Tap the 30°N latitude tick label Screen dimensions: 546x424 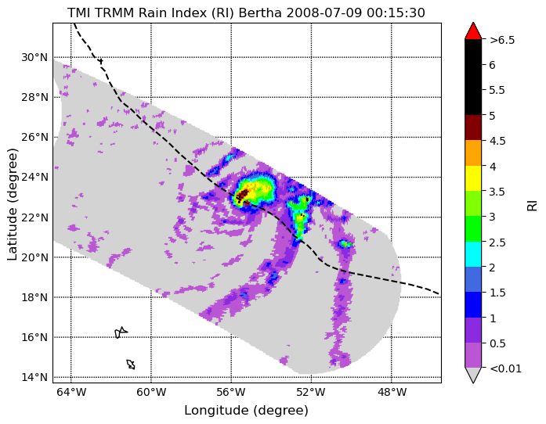(x=34, y=57)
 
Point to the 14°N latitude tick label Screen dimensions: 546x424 (x=34, y=377)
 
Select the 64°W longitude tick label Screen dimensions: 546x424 (x=71, y=393)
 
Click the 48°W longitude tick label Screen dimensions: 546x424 (x=392, y=393)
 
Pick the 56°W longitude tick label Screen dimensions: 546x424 (x=231, y=393)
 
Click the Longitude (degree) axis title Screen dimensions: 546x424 (x=246, y=411)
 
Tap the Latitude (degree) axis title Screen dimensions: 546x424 (x=13, y=204)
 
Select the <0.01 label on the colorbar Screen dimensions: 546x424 (x=505, y=368)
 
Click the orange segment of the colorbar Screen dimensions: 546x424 (x=473, y=153)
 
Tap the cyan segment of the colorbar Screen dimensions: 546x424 (x=473, y=254)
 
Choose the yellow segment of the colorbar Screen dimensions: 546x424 (x=473, y=178)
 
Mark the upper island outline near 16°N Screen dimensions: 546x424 (x=121, y=332)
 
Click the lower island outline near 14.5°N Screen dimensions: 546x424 (x=131, y=365)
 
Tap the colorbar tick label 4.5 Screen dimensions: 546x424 (x=497, y=141)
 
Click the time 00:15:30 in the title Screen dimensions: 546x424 (x=396, y=13)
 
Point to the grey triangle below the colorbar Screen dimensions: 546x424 (x=473, y=374)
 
